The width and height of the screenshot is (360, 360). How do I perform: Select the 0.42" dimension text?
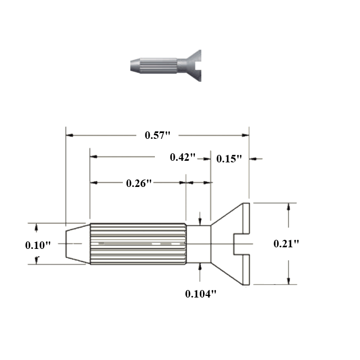pos(183,157)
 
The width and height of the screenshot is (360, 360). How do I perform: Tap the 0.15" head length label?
pos(230,159)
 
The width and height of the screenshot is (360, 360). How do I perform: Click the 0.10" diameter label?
pos(38,245)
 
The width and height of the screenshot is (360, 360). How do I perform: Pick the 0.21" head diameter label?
pos(286,244)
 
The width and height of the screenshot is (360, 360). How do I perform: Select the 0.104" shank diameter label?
pos(201,293)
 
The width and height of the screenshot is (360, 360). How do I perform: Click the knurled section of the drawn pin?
pos(138,244)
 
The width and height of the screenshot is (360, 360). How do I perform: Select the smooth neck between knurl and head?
pos(198,244)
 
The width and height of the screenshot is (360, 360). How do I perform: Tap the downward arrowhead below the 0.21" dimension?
pos(288,281)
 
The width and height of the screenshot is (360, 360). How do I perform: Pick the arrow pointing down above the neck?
pos(200,221)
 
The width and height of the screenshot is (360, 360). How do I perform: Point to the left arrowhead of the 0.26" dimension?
pos(93,183)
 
